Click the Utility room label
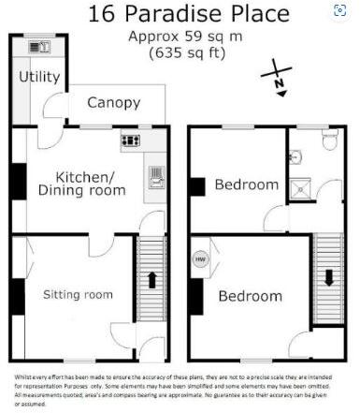39,77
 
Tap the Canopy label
114,102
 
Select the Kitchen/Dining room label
80,184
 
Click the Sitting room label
78,294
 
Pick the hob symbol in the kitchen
131,141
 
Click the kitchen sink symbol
155,177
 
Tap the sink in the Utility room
39,46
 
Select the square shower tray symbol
302,189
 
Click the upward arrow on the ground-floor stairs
150,280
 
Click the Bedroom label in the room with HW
250,296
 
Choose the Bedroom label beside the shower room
247,184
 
